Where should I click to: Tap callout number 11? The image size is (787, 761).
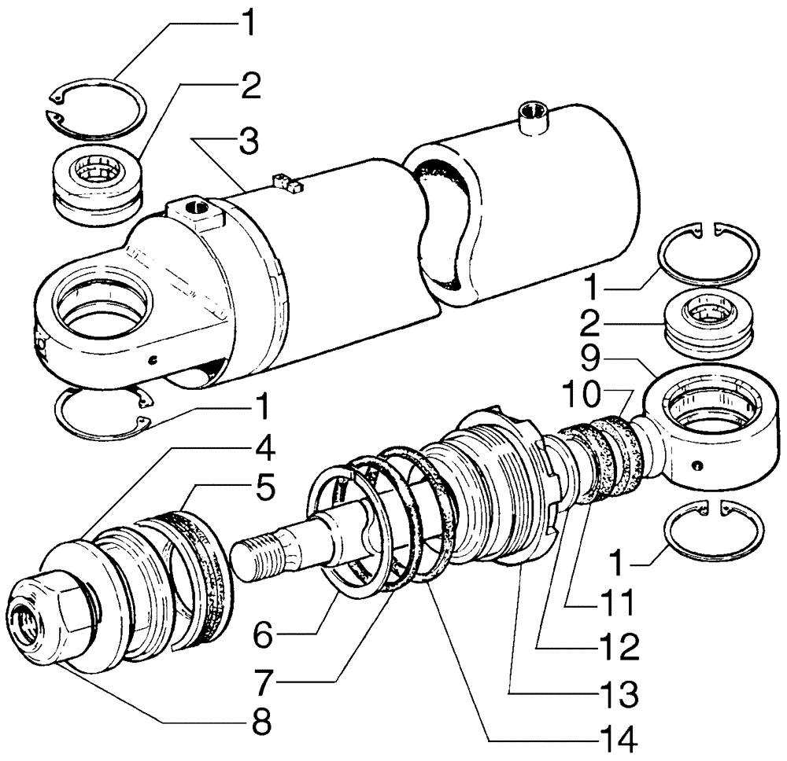(613, 604)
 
